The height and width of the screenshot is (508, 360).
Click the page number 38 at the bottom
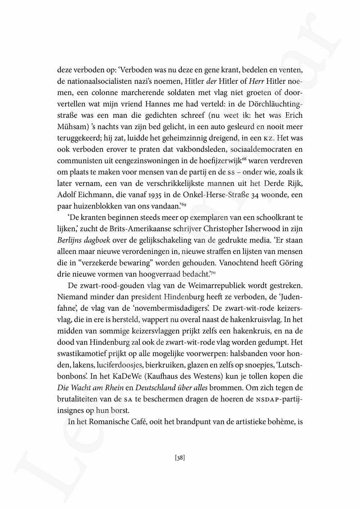click(180, 458)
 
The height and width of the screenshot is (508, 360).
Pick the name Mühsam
click(71, 127)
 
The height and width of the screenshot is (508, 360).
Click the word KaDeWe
click(129, 376)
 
